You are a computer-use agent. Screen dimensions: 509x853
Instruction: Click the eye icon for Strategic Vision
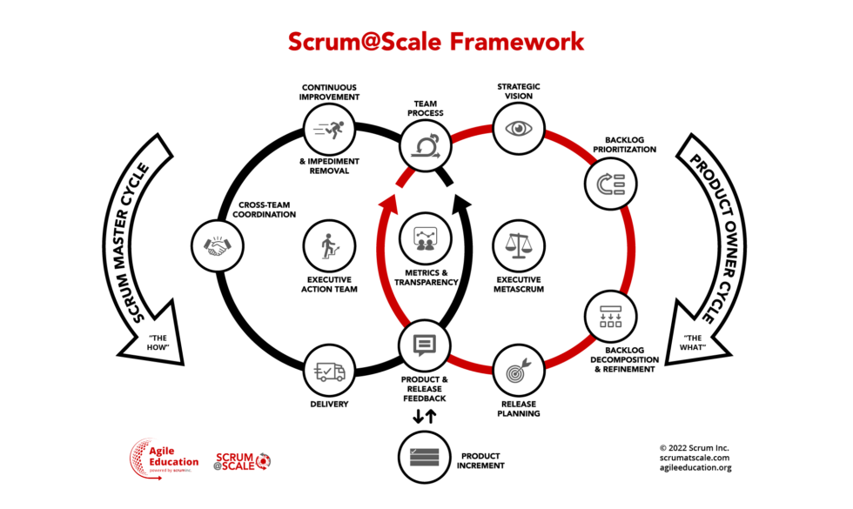[521, 128]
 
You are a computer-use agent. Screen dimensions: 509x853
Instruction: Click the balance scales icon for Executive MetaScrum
[519, 245]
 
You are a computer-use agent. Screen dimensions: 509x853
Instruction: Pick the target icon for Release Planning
[519, 372]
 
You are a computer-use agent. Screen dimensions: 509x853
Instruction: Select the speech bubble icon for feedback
[425, 345]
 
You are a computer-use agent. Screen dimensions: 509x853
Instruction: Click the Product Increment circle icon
[424, 458]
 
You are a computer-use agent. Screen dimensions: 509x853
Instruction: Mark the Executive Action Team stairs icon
[330, 245]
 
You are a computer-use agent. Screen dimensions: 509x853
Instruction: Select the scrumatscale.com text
[694, 457]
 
